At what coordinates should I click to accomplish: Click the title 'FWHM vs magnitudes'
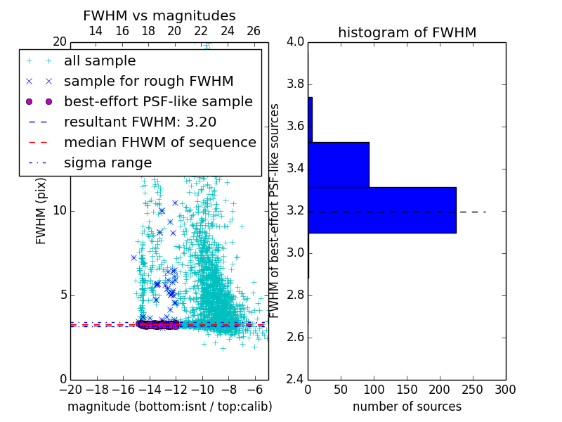159,15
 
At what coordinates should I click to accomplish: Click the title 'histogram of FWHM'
407,32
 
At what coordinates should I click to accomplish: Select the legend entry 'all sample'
100,61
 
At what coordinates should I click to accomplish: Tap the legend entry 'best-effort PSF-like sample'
158,101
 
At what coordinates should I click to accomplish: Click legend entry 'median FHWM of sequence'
159,142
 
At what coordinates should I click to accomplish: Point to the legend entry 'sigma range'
107,162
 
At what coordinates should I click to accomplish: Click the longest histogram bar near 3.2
381,210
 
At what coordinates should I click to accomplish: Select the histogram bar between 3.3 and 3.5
339,165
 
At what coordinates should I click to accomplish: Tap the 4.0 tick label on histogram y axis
295,42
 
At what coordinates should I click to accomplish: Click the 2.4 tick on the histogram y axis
295,379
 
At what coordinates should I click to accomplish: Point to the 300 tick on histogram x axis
505,390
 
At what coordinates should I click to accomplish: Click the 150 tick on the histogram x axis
407,390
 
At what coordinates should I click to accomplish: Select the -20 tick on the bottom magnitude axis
70,390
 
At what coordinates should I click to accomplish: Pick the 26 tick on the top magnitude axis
254,31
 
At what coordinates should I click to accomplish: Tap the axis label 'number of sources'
407,407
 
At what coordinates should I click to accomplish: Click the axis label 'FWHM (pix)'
41,211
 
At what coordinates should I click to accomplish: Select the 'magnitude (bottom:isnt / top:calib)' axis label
169,407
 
